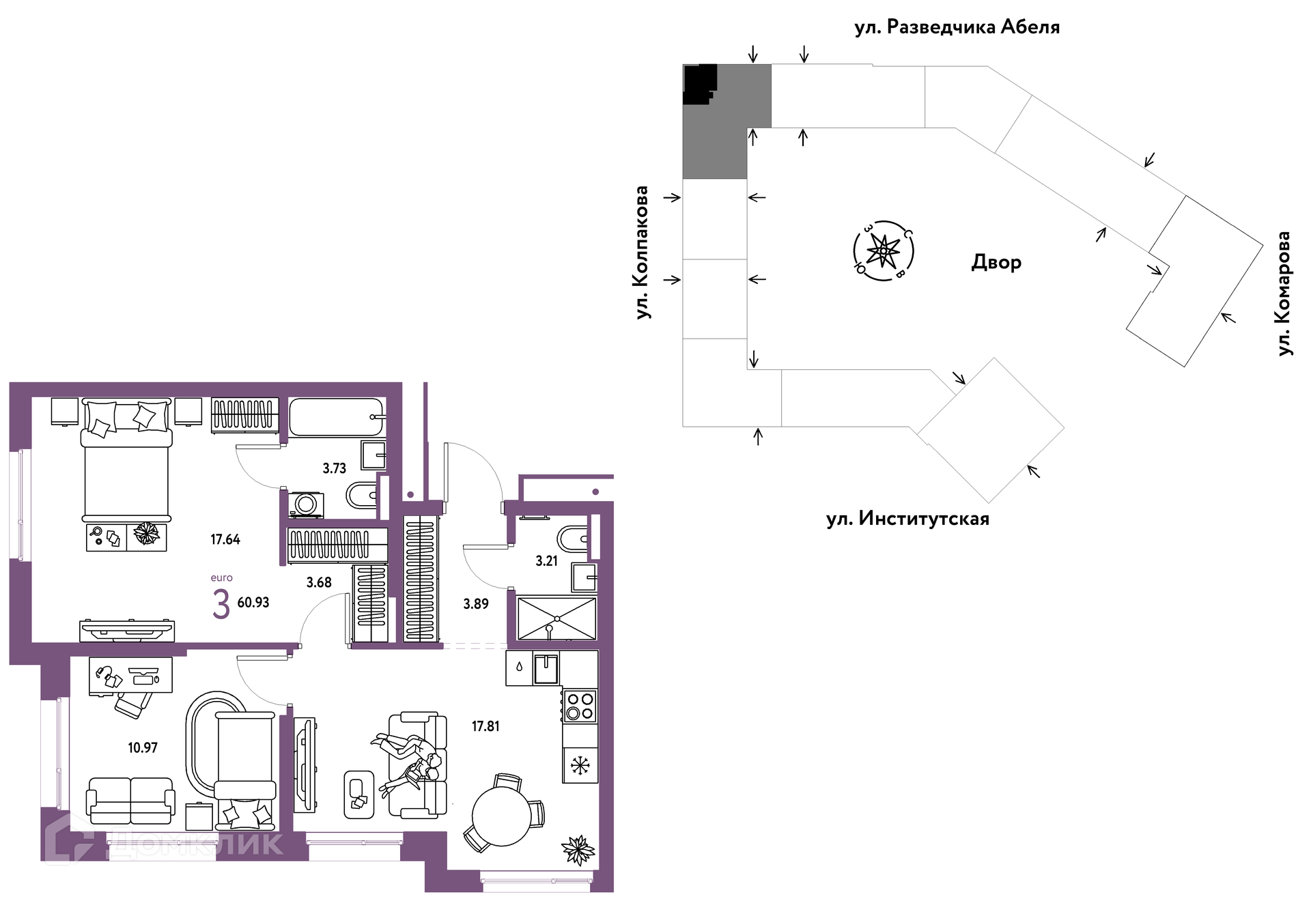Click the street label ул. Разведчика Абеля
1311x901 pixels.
point(957,27)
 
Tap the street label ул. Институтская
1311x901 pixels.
point(907,519)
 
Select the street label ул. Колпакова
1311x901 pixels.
point(642,253)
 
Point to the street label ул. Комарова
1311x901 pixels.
point(1284,294)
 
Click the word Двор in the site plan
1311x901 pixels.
point(996,262)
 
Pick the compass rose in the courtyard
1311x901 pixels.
point(884,251)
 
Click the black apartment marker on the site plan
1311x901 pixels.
point(700,83)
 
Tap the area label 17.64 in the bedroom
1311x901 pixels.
point(225,539)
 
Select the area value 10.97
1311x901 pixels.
point(143,747)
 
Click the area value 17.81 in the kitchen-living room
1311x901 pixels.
point(485,726)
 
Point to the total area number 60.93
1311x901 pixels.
point(253,602)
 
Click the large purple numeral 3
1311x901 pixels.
point(221,604)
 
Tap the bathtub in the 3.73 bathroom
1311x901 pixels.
point(336,416)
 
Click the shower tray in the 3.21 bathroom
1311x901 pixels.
point(556,618)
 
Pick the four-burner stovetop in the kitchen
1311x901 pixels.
point(580,706)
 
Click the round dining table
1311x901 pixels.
point(502,816)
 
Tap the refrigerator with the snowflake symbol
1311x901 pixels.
point(580,765)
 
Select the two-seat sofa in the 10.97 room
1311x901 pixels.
point(130,800)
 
